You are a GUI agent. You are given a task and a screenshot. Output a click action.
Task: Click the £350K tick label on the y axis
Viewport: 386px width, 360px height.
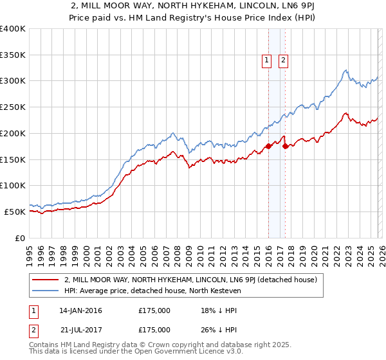pyautogui.click(x=13, y=55)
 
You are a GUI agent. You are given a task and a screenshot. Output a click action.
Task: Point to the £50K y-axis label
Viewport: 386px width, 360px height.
pyautogui.click(x=15, y=212)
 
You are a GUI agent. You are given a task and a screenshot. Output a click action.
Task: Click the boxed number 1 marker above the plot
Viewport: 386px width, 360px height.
pyautogui.click(x=266, y=60)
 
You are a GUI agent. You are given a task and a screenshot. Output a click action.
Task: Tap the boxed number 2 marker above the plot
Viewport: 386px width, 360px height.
pyautogui.click(x=283, y=60)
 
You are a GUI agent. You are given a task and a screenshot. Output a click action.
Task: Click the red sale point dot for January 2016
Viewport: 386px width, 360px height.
pyautogui.click(x=268, y=147)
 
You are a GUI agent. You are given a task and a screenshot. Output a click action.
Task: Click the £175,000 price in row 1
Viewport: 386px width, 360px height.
pyautogui.click(x=154, y=310)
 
